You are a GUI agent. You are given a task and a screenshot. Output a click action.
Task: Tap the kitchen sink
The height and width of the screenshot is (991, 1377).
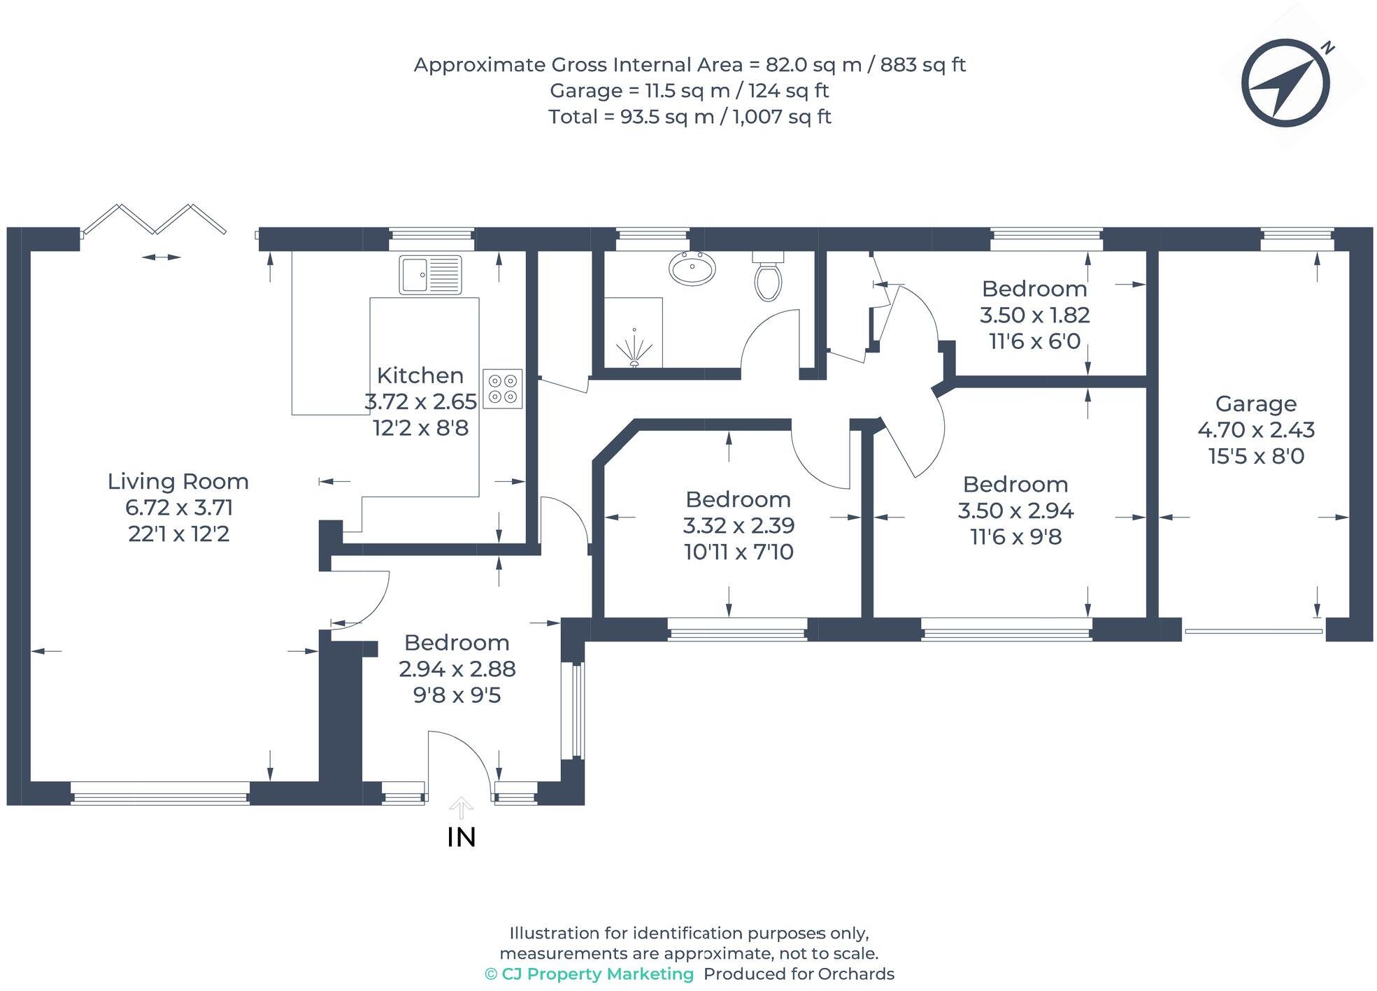(430, 274)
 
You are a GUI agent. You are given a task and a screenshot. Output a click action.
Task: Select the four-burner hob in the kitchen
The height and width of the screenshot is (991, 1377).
(502, 389)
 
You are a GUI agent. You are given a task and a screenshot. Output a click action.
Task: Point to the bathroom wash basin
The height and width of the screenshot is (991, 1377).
(692, 269)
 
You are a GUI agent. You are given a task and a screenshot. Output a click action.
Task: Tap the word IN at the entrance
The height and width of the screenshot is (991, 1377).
(461, 837)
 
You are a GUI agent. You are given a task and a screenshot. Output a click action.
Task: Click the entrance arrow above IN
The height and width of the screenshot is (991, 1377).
(461, 808)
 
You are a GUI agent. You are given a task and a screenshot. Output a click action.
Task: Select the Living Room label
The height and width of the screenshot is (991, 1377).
(178, 481)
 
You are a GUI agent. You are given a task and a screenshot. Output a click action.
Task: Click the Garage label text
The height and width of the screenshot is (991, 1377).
(1255, 404)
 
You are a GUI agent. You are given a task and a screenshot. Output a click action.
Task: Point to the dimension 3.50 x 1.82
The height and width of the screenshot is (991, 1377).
(1034, 315)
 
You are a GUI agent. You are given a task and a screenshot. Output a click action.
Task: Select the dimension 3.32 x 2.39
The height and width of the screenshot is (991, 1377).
(739, 525)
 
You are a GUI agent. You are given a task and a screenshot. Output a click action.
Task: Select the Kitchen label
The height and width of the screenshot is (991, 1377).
(420, 376)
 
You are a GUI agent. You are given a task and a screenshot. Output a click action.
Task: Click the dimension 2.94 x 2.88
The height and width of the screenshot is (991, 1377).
(457, 669)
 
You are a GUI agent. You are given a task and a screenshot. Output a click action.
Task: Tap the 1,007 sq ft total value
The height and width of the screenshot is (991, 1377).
(782, 116)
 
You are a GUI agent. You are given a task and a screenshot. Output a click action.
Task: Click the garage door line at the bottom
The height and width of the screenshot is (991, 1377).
(1253, 632)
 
